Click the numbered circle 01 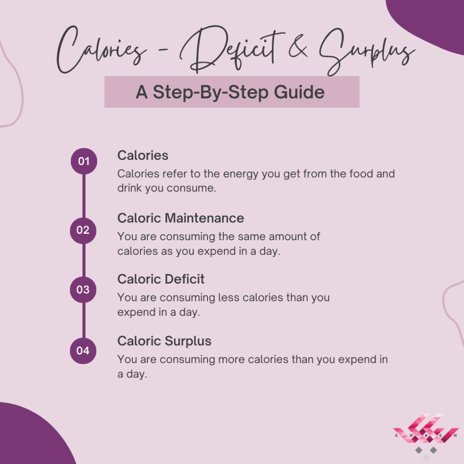coord(84,161)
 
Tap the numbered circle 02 coord(83,231)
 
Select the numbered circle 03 coord(83,290)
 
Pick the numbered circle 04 coord(83,351)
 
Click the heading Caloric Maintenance coord(180,218)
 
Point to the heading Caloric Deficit coord(161,279)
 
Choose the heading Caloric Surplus coord(164,341)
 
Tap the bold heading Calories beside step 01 coord(143,155)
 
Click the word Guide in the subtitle coord(299,92)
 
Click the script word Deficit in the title coord(232,49)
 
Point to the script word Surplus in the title coord(367,52)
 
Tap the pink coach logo coord(425,435)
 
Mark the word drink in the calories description coord(129,188)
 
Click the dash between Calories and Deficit coord(163,50)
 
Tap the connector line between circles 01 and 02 coord(84,196)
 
